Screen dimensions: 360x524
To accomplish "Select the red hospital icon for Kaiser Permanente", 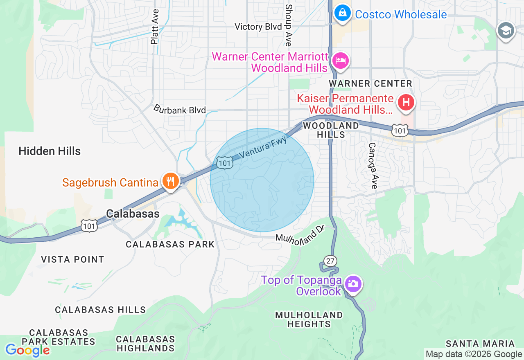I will pos(406,102).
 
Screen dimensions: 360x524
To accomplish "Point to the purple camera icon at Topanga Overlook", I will pos(352,284).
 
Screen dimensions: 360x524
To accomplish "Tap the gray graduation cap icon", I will pos(506,31).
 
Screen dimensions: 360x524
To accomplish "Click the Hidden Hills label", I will pos(50,151).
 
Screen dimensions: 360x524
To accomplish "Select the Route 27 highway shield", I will pos(330,261).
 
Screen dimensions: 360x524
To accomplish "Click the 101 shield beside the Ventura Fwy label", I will pos(225,163).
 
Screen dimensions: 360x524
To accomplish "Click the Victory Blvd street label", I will pos(258,27).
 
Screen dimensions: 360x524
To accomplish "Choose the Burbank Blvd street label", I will pos(179,110).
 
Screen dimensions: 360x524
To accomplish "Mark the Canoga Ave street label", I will pos(373,165).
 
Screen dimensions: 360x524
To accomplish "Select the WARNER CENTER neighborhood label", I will pos(370,83).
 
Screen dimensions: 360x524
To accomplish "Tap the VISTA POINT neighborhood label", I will pos(72,259).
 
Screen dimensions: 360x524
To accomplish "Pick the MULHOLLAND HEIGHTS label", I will pos(309,319).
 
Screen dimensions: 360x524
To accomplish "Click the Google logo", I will pos(27,350).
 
